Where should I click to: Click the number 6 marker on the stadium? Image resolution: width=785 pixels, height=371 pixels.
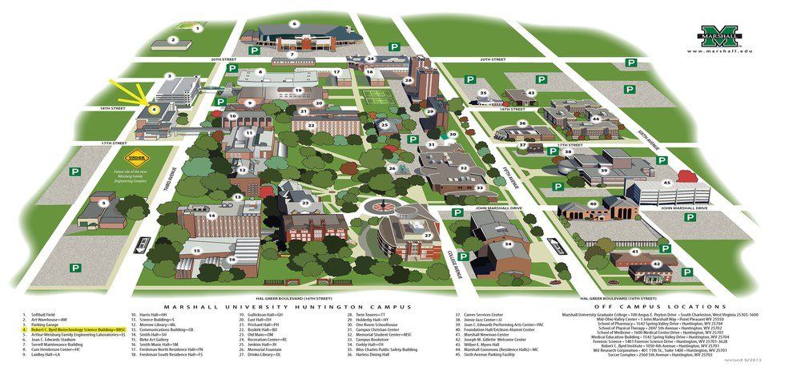[x=295, y=24]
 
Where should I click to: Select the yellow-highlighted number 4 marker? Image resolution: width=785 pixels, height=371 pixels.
[x=155, y=109]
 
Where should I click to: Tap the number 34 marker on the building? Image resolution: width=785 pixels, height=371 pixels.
[x=507, y=244]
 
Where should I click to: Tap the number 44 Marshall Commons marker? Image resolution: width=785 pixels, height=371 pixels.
[x=596, y=118]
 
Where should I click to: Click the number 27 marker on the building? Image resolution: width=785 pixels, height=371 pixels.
[x=427, y=236]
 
